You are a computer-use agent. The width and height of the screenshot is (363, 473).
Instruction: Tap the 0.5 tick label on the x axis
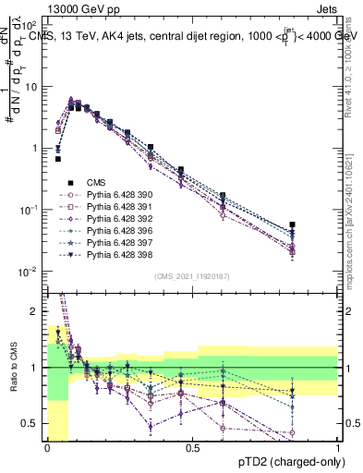[193, 448]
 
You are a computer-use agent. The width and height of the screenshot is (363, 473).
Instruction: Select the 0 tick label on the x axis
[47, 448]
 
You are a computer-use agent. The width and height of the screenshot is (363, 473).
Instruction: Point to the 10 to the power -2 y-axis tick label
[28, 272]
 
